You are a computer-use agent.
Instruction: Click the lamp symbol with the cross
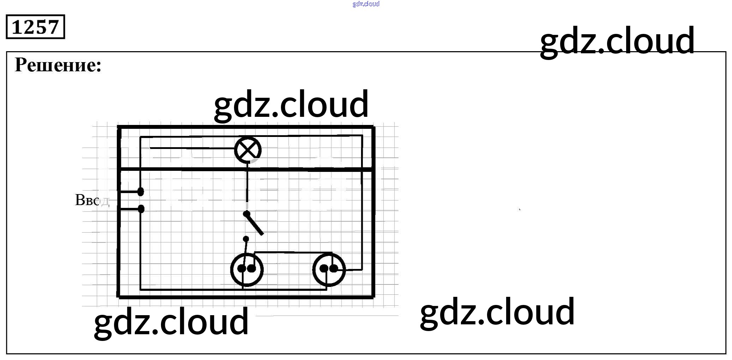click(x=248, y=150)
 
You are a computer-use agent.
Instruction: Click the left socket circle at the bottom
click(x=247, y=270)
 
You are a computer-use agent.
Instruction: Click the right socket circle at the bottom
click(x=329, y=270)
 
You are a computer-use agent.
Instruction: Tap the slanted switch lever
click(x=255, y=224)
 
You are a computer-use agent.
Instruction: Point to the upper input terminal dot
click(x=140, y=192)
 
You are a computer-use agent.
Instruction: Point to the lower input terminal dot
click(x=141, y=209)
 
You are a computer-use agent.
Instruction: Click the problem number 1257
click(x=35, y=27)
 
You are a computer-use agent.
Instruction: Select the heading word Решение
click(x=58, y=65)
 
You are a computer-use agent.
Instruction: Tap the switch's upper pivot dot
click(x=246, y=214)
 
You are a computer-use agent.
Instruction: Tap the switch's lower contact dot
click(x=246, y=239)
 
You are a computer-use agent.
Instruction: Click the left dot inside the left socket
click(x=241, y=269)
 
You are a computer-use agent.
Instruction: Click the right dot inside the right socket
click(x=334, y=269)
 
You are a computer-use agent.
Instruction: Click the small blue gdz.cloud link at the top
click(x=366, y=4)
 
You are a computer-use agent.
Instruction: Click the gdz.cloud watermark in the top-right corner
click(x=617, y=41)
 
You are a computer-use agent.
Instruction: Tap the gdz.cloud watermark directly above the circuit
click(x=291, y=104)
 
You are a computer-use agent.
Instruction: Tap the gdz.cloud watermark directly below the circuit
click(x=171, y=321)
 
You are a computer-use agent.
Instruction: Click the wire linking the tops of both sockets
click(x=293, y=252)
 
